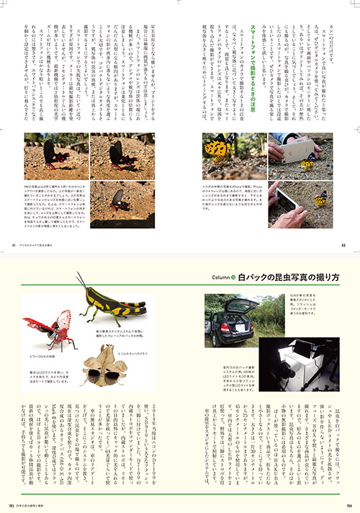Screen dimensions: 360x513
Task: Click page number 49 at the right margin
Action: pyautogui.click(x=344, y=244)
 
